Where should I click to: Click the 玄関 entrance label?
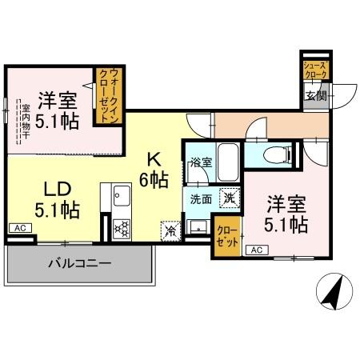(315, 98)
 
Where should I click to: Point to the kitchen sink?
(122, 195)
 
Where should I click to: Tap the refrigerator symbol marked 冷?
(170, 230)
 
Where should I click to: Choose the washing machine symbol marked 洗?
(228, 198)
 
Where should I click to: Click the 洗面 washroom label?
(200, 198)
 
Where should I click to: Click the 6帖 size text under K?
(154, 178)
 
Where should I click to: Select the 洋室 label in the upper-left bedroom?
(58, 102)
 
